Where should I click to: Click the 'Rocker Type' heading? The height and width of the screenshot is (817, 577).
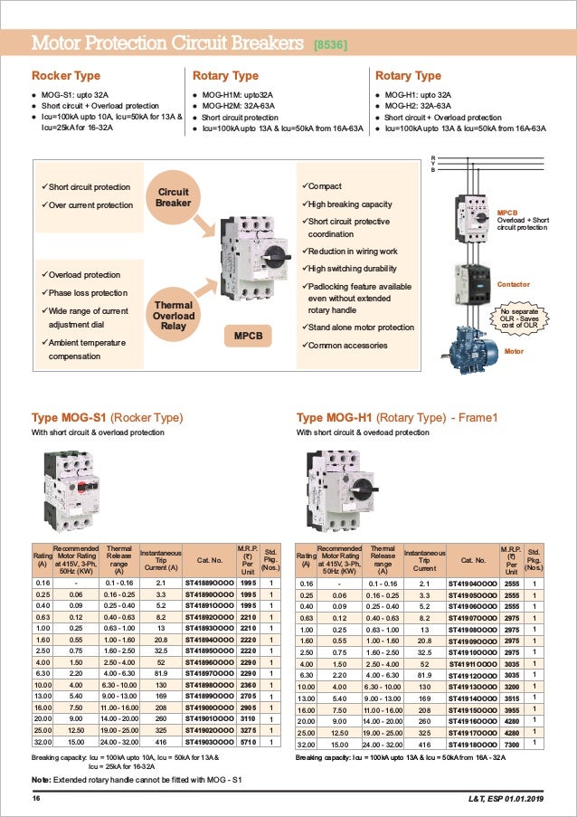pyautogui.click(x=66, y=76)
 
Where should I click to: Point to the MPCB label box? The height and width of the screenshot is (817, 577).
pyautogui.click(x=249, y=336)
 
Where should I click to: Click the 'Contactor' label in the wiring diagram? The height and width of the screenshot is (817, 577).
pyautogui.click(x=513, y=284)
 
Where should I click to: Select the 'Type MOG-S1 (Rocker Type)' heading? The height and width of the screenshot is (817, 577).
pyautogui.click(x=108, y=418)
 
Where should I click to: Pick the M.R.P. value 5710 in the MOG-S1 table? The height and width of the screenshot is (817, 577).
pyautogui.click(x=251, y=741)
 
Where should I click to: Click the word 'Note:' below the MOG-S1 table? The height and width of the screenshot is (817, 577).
pyautogui.click(x=41, y=779)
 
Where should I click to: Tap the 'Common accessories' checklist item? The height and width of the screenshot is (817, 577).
pyautogui.click(x=345, y=345)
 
